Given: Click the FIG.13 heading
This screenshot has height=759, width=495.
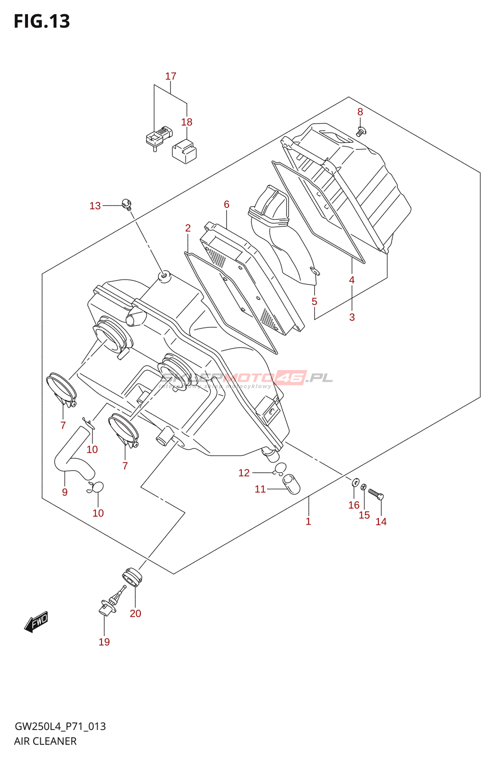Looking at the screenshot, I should (x=42, y=21).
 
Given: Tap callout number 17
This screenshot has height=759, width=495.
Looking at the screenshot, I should (x=171, y=76).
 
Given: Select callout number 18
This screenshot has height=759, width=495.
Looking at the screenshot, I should (x=187, y=122).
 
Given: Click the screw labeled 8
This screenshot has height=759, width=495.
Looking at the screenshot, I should (x=361, y=131).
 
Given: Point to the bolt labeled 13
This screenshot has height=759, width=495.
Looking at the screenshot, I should (x=127, y=204).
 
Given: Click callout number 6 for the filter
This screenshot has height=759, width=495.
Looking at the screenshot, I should (x=227, y=204).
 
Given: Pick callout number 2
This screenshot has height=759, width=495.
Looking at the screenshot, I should (x=188, y=228).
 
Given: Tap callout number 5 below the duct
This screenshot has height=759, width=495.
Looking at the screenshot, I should (x=314, y=302).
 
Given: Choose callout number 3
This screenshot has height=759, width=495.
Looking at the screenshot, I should (x=352, y=317).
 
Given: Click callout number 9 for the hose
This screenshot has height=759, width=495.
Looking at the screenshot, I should (x=65, y=492).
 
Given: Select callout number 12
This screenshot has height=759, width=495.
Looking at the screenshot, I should (x=244, y=473).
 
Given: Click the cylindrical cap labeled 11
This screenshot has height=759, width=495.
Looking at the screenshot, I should (x=292, y=485).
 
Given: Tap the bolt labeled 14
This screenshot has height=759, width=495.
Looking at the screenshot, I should (x=376, y=495).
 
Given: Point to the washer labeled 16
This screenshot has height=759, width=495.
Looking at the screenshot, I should (x=355, y=483).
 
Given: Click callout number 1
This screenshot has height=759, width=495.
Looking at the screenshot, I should (x=308, y=522).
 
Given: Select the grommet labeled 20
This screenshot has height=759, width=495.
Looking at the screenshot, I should (x=131, y=577).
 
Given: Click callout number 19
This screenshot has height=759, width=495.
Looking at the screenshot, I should (x=104, y=642).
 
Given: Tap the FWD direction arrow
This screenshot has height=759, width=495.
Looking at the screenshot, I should (x=37, y=621).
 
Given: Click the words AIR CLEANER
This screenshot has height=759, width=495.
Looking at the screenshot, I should (x=46, y=741).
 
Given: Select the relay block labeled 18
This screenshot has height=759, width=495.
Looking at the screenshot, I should (x=184, y=151).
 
